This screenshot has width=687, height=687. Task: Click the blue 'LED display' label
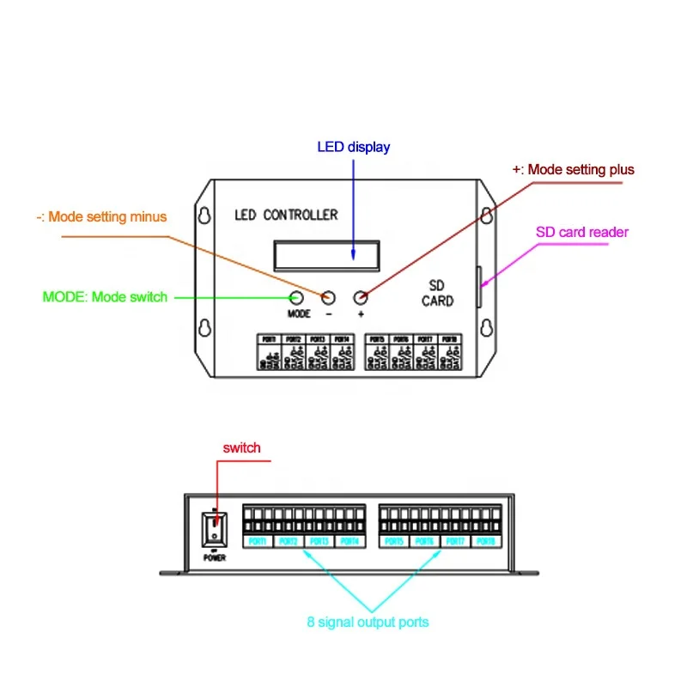point(353,147)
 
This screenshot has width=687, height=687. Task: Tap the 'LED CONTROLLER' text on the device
point(286,214)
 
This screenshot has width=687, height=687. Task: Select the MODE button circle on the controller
point(296,297)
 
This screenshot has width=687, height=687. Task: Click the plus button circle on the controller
point(361,297)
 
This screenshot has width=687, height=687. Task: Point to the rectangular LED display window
point(326,252)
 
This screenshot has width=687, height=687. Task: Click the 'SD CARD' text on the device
point(437,293)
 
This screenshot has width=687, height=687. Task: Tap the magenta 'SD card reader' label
point(582,232)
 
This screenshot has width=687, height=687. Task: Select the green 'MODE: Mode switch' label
point(105,297)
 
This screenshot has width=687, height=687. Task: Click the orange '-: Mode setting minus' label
point(101,217)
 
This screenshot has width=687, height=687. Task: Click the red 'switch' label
point(241,447)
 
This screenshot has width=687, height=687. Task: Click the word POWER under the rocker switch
point(214,556)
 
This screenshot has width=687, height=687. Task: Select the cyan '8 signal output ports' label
point(368,622)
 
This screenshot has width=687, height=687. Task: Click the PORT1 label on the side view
point(258,542)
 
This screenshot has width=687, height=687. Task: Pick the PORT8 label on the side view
point(486,542)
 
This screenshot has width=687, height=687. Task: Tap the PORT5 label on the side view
point(394,542)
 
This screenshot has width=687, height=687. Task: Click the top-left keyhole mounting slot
point(204,217)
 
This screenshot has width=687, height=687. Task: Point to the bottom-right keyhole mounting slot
point(485,329)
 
